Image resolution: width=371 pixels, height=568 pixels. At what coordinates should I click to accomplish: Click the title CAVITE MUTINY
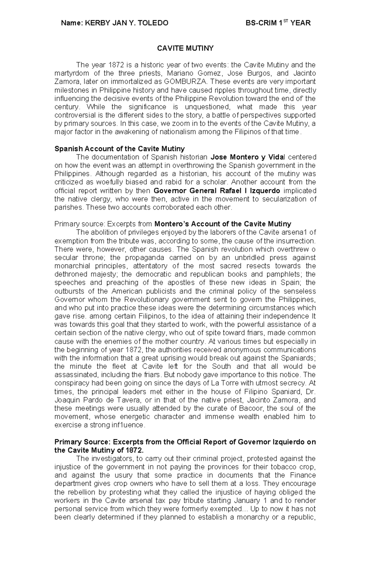coord(185,48)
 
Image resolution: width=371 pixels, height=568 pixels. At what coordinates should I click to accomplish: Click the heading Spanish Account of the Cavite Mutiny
coord(119,149)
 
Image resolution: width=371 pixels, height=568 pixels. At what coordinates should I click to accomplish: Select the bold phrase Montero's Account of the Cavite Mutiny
coord(223,224)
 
